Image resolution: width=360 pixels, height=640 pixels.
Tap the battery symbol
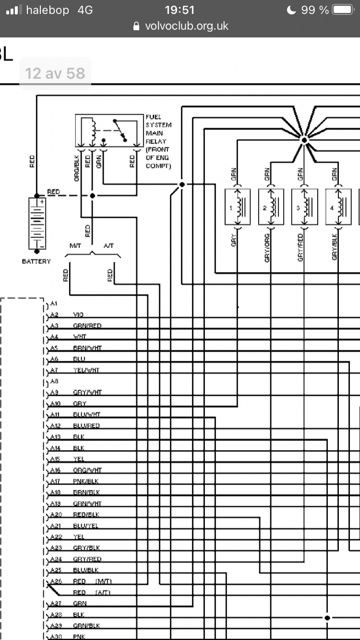36,224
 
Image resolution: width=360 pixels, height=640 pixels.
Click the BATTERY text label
36,261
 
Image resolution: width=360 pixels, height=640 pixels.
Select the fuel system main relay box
109,130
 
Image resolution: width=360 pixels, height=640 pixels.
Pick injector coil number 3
304,207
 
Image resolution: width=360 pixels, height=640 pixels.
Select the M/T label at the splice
75,246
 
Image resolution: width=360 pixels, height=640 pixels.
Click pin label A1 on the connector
54,304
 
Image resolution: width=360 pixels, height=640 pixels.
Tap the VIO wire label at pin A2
78,315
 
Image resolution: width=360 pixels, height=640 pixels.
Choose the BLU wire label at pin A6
79,359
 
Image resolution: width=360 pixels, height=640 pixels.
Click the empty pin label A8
54,381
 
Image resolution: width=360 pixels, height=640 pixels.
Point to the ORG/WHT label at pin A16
87,470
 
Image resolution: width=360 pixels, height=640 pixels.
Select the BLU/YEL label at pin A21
86,526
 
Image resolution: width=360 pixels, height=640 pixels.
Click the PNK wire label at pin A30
79,637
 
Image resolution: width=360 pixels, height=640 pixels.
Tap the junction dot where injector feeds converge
304,140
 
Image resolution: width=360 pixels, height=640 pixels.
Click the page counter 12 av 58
55,73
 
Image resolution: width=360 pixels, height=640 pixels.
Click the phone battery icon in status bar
343,10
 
